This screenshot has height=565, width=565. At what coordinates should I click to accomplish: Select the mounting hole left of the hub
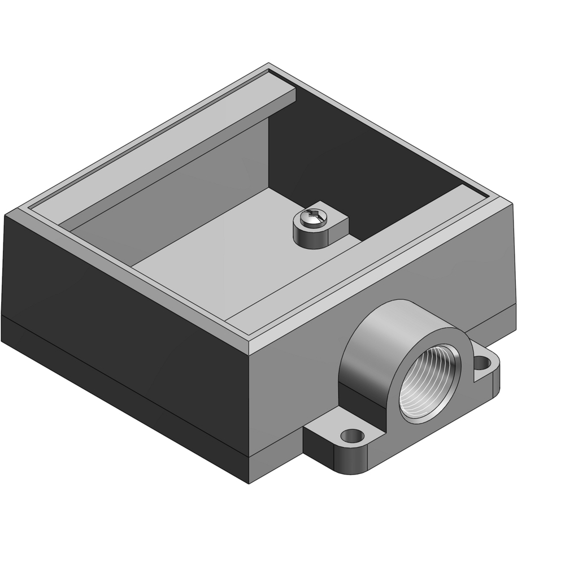(353, 436)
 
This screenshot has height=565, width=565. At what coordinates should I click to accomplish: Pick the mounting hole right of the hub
(481, 361)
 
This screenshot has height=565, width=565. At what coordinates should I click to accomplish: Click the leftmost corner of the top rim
(6, 215)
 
